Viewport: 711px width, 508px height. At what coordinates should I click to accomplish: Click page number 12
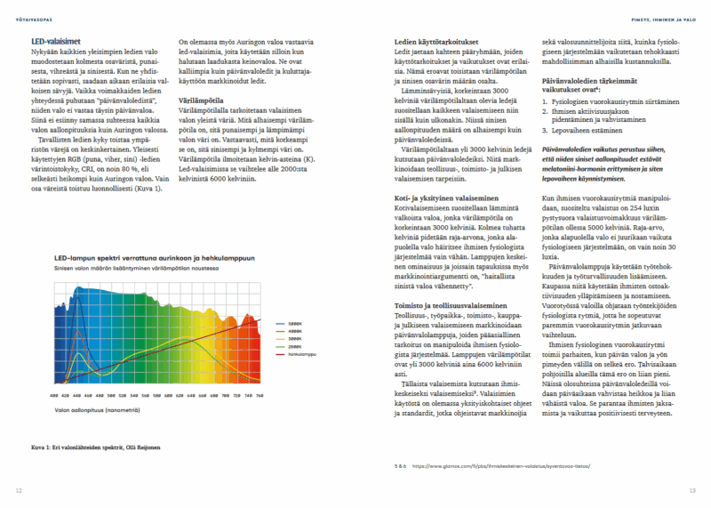[19, 490]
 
